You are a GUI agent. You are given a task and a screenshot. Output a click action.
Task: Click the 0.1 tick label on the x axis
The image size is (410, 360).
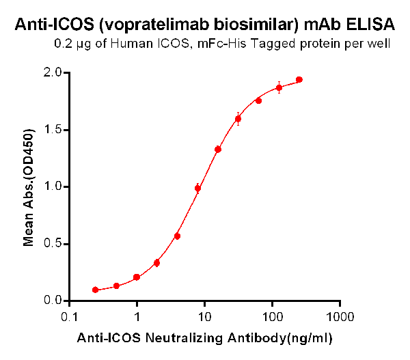[x=69, y=318]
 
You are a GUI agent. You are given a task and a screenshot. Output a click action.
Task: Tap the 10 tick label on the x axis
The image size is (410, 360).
[x=204, y=318]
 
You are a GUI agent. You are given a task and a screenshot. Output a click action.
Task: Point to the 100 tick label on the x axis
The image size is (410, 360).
[x=272, y=318]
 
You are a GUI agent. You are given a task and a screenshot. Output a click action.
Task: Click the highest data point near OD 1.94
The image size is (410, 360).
[x=299, y=80]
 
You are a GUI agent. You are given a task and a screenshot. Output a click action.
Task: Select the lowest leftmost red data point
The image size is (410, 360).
[x=96, y=290]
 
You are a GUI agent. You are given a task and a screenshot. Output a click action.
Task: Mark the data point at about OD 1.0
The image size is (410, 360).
[x=197, y=189]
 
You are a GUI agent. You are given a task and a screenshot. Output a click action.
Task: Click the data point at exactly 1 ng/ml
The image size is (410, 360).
[x=137, y=277]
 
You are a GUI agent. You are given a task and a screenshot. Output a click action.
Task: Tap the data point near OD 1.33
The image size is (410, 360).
[x=218, y=149]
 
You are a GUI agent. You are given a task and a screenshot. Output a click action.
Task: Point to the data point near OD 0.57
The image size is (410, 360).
[x=177, y=236]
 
